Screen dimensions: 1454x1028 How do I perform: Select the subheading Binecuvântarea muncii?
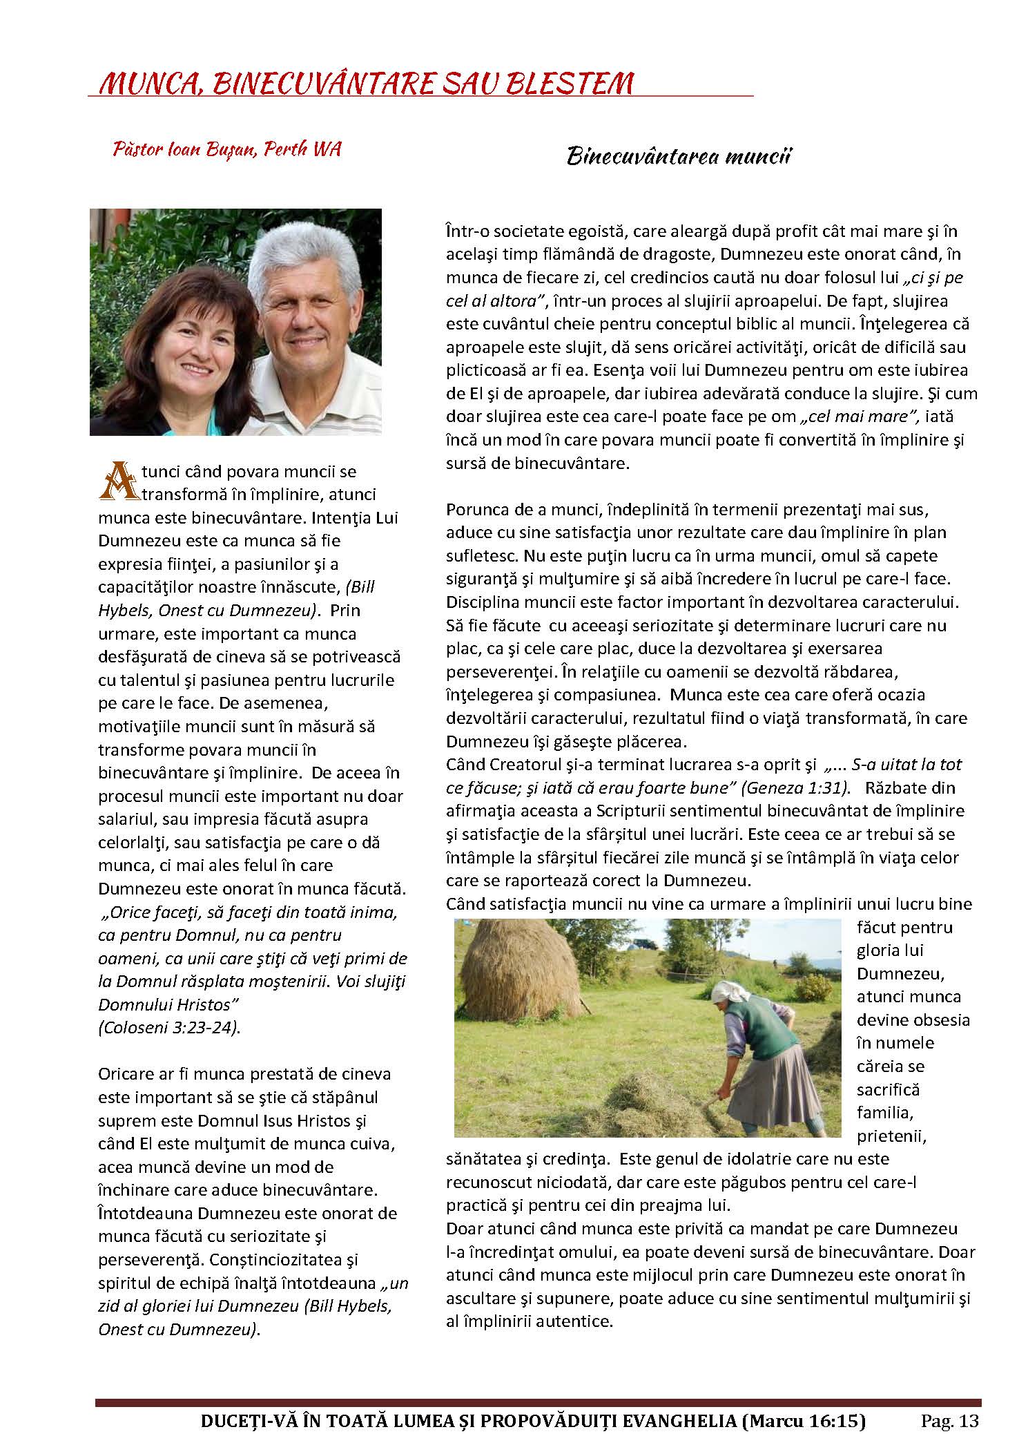tap(678, 157)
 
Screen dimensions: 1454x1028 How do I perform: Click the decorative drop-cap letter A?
tap(116, 480)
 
